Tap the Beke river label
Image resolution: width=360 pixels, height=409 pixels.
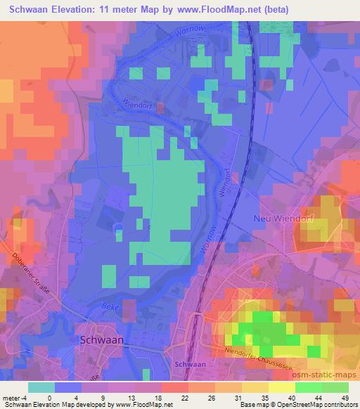[x=107, y=308]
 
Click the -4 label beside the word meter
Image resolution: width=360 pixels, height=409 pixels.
[x=24, y=397]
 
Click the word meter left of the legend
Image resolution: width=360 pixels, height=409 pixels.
[x=11, y=397]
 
